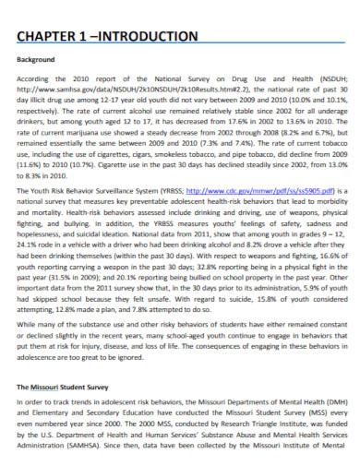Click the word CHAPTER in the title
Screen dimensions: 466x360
[54, 37]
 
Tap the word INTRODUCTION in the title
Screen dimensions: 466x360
[148, 37]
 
